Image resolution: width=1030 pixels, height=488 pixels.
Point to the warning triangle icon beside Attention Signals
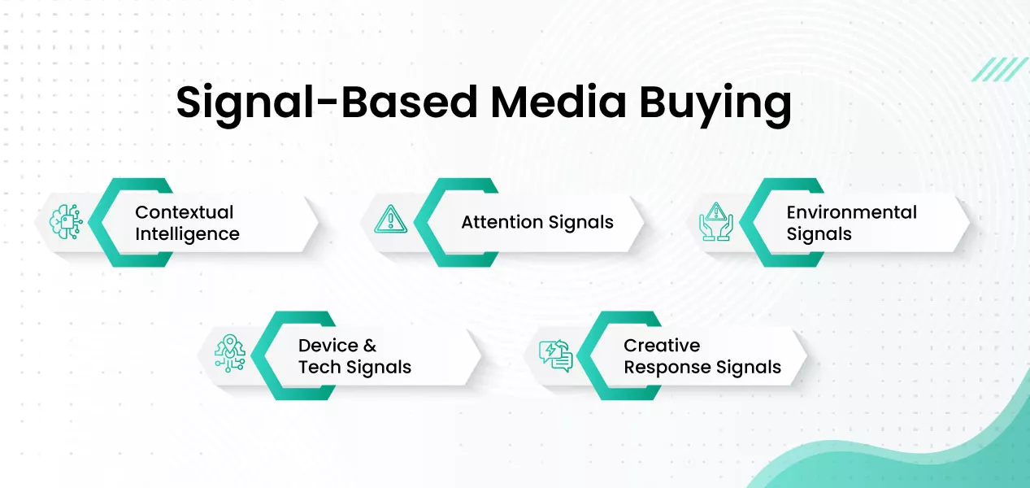390,220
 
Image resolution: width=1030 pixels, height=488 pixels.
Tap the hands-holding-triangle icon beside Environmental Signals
716,221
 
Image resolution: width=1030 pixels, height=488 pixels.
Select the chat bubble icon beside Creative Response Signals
556,355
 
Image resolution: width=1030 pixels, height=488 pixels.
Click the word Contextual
184,212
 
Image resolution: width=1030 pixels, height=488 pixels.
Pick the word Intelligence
187,234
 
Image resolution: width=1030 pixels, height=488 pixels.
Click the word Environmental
851,212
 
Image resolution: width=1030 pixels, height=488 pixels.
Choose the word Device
327,346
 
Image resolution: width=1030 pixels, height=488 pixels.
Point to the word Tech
319,368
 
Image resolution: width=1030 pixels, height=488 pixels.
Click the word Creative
662,346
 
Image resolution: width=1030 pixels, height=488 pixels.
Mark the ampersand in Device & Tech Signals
370,346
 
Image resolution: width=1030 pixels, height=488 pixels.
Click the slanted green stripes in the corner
1000,69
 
